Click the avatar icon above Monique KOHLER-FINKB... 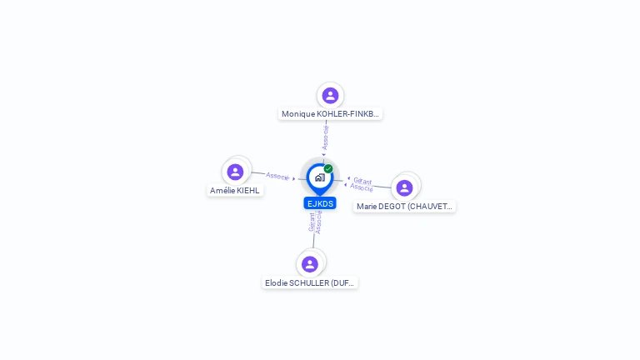(330, 95)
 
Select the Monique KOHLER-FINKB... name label (330, 113)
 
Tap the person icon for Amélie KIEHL (235, 172)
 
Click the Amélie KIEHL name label (235, 190)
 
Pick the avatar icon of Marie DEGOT (404, 187)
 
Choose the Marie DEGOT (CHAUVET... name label (404, 206)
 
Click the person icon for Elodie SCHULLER (310, 264)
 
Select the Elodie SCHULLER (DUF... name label (310, 282)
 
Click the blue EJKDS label (320, 203)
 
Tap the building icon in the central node (319, 177)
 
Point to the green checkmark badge (328, 169)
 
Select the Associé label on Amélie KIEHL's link (277, 176)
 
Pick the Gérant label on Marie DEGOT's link (362, 180)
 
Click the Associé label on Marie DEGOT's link (362, 187)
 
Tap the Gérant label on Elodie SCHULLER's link (312, 222)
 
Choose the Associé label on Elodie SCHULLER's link (319, 222)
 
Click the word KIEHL (248, 190)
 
